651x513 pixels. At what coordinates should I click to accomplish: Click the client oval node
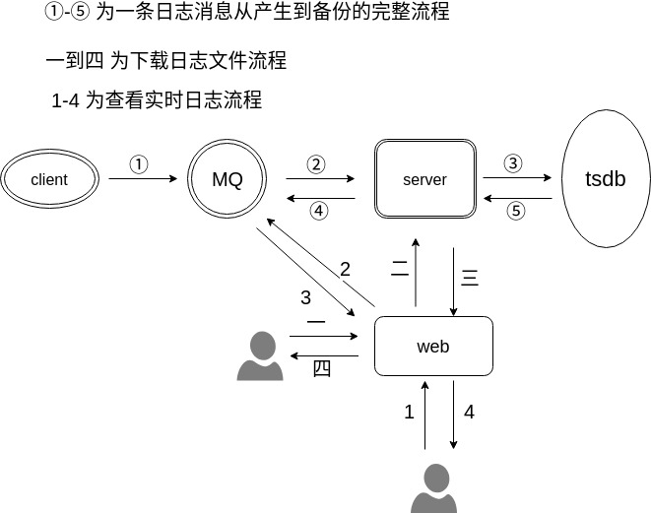pos(49,179)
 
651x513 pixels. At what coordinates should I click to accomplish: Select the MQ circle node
pos(228,179)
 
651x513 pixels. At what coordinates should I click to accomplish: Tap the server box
pos(425,179)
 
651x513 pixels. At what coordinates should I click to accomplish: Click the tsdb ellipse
pos(606,179)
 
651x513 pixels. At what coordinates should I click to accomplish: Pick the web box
pos(433,347)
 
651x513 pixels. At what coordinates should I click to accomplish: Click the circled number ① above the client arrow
pos(139,164)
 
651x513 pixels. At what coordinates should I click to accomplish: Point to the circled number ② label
pos(316,164)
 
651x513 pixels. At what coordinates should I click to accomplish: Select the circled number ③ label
pos(513,163)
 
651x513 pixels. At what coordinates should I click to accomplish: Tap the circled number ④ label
pos(318,210)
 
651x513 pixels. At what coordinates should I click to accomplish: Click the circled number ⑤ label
pos(516,210)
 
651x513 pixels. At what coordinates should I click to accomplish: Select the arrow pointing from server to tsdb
pos(517,178)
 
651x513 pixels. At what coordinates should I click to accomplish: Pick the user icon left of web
pos(260,356)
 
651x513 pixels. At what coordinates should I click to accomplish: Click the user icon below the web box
pos(433,488)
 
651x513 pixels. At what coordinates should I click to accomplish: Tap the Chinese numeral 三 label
pos(470,279)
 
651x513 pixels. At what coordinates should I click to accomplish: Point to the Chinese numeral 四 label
pos(321,368)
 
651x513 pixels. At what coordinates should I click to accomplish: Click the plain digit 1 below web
pos(410,413)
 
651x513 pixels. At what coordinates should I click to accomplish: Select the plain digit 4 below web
pos(469,413)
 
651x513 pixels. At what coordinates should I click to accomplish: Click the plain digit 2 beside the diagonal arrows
pos(345,270)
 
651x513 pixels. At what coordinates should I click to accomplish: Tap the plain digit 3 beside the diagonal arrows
pos(305,297)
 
